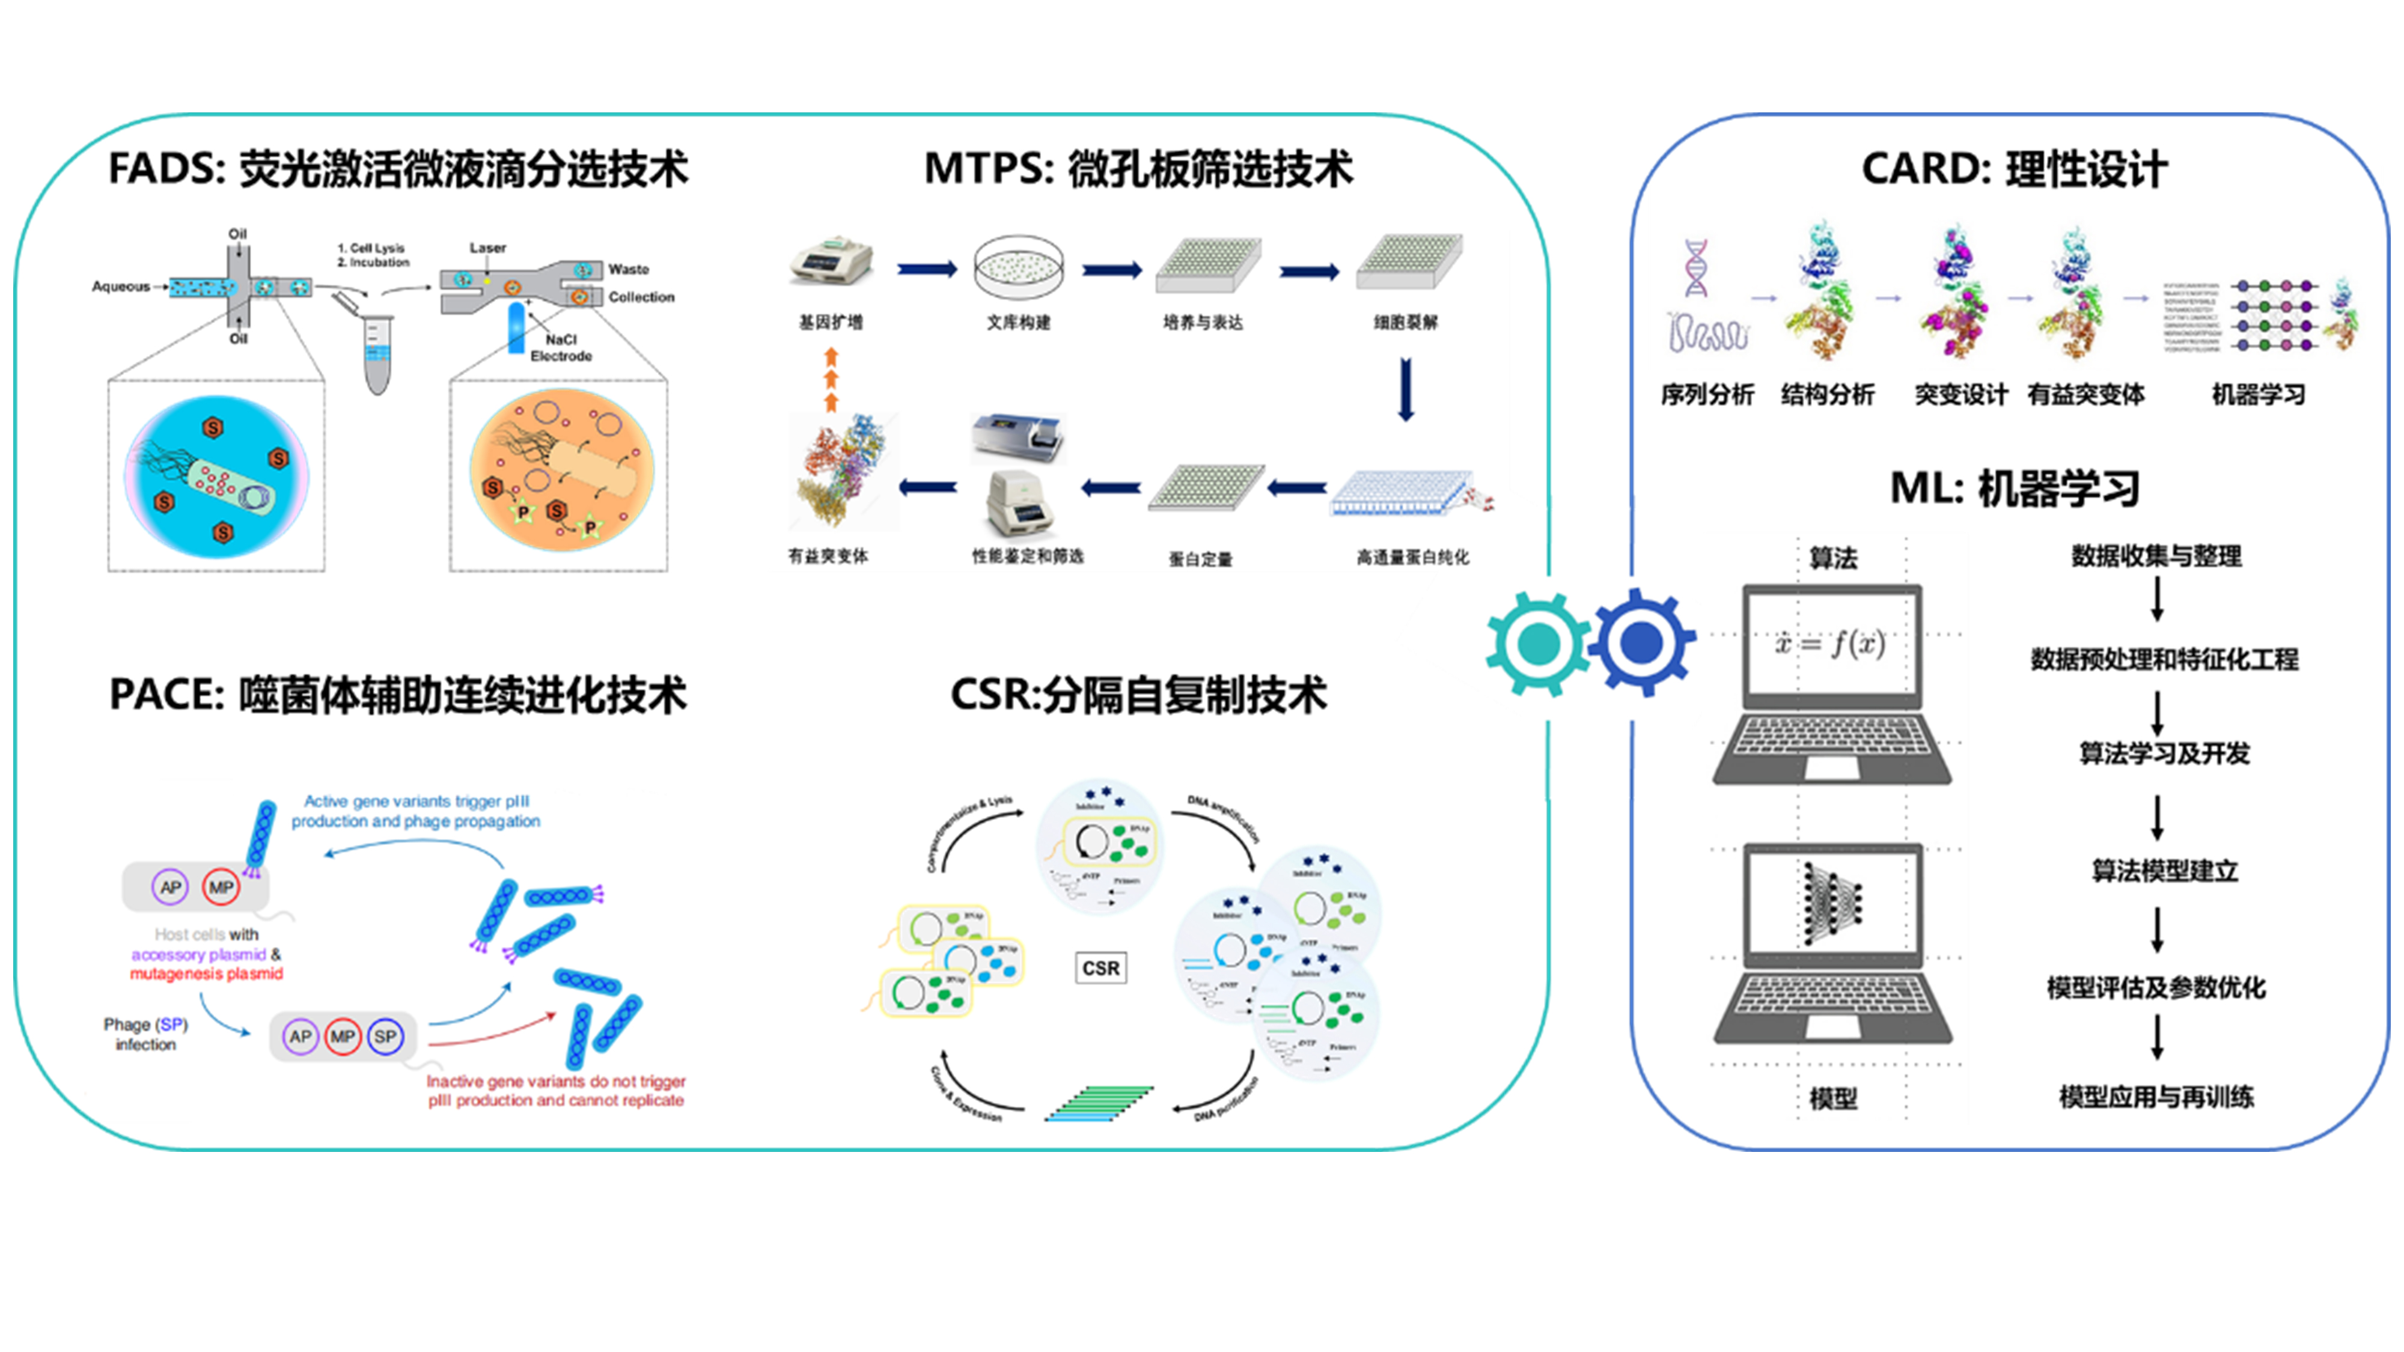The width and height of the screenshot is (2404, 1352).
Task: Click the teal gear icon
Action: pyautogui.click(x=1538, y=643)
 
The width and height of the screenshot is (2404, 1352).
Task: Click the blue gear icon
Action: pyautogui.click(x=1643, y=641)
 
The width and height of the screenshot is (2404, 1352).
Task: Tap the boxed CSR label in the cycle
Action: pyautogui.click(x=1100, y=967)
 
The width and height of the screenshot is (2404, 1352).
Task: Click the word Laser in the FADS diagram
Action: pyautogui.click(x=487, y=247)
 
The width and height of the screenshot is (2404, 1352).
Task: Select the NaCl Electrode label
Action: pyautogui.click(x=561, y=347)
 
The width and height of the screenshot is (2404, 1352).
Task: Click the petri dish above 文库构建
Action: pyautogui.click(x=1018, y=267)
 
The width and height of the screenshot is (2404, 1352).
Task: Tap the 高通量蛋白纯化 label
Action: pyautogui.click(x=1412, y=557)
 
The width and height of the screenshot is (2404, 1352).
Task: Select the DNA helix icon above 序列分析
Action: pyautogui.click(x=1695, y=268)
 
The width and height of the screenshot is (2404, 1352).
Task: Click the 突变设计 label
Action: pyautogui.click(x=1960, y=395)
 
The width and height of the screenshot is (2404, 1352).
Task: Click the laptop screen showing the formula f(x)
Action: pyautogui.click(x=1831, y=644)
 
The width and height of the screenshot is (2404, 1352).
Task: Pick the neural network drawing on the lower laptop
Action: pyautogui.click(x=1831, y=903)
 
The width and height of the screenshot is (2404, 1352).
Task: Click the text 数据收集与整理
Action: pyautogui.click(x=2156, y=556)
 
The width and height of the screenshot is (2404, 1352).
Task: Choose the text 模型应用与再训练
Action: pyautogui.click(x=2156, y=1097)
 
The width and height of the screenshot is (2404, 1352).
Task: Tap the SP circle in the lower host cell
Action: pyautogui.click(x=385, y=1037)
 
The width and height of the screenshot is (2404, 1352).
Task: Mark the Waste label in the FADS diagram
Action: pyautogui.click(x=628, y=269)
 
